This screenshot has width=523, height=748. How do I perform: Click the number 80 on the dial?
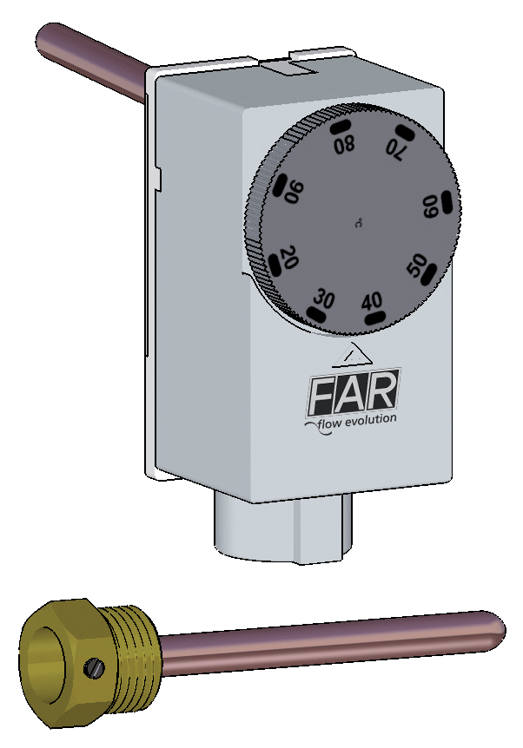(x=345, y=143)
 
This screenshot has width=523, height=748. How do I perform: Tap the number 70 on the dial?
(x=396, y=150)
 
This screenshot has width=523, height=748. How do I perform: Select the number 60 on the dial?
(x=431, y=207)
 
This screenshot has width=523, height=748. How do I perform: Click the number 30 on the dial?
(x=324, y=299)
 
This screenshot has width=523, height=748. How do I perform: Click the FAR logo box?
(x=354, y=392)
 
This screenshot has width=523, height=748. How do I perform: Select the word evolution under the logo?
(x=370, y=419)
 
